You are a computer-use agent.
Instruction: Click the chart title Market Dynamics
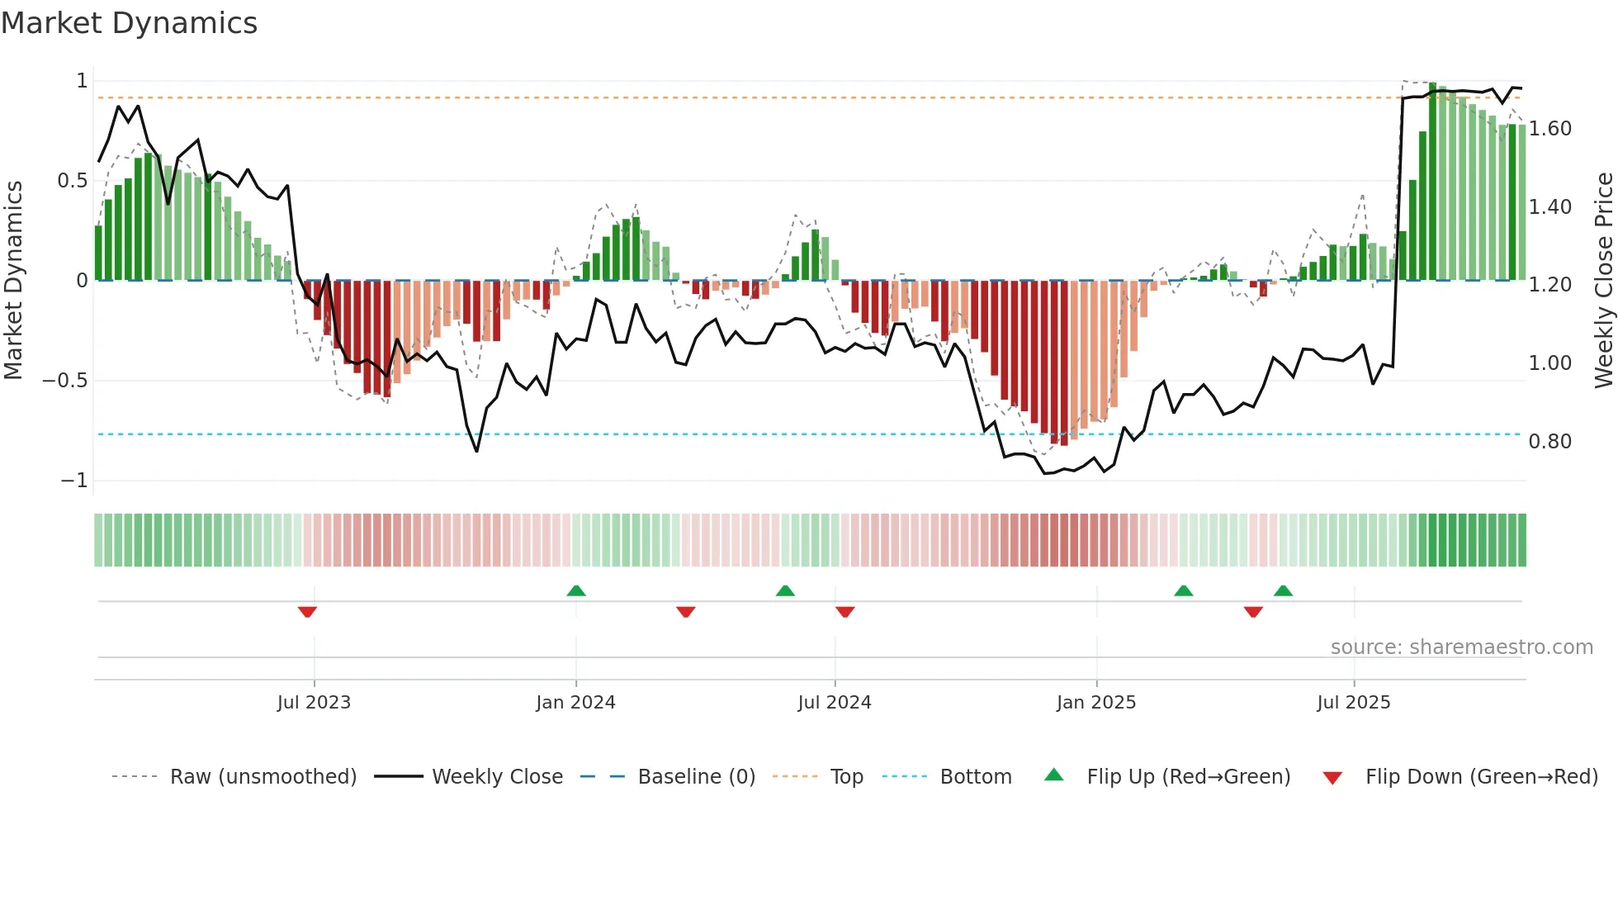point(129,23)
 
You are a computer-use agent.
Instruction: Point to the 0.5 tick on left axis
point(72,181)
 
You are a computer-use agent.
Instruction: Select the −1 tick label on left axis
point(73,481)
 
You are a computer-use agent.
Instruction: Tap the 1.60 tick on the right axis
point(1549,129)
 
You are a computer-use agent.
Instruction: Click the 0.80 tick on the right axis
point(1549,442)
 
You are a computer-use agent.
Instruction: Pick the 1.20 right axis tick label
point(1549,285)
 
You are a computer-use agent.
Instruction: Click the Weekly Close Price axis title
point(1603,280)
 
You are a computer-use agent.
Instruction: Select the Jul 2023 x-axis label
point(314,703)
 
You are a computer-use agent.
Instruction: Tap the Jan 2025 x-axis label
point(1095,703)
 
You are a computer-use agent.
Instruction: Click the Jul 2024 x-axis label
point(834,703)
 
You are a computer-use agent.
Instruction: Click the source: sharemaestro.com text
point(1461,647)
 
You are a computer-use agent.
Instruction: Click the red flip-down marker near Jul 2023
point(307,612)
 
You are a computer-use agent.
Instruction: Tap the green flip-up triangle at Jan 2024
point(576,590)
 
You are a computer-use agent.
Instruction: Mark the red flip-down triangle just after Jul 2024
point(844,612)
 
